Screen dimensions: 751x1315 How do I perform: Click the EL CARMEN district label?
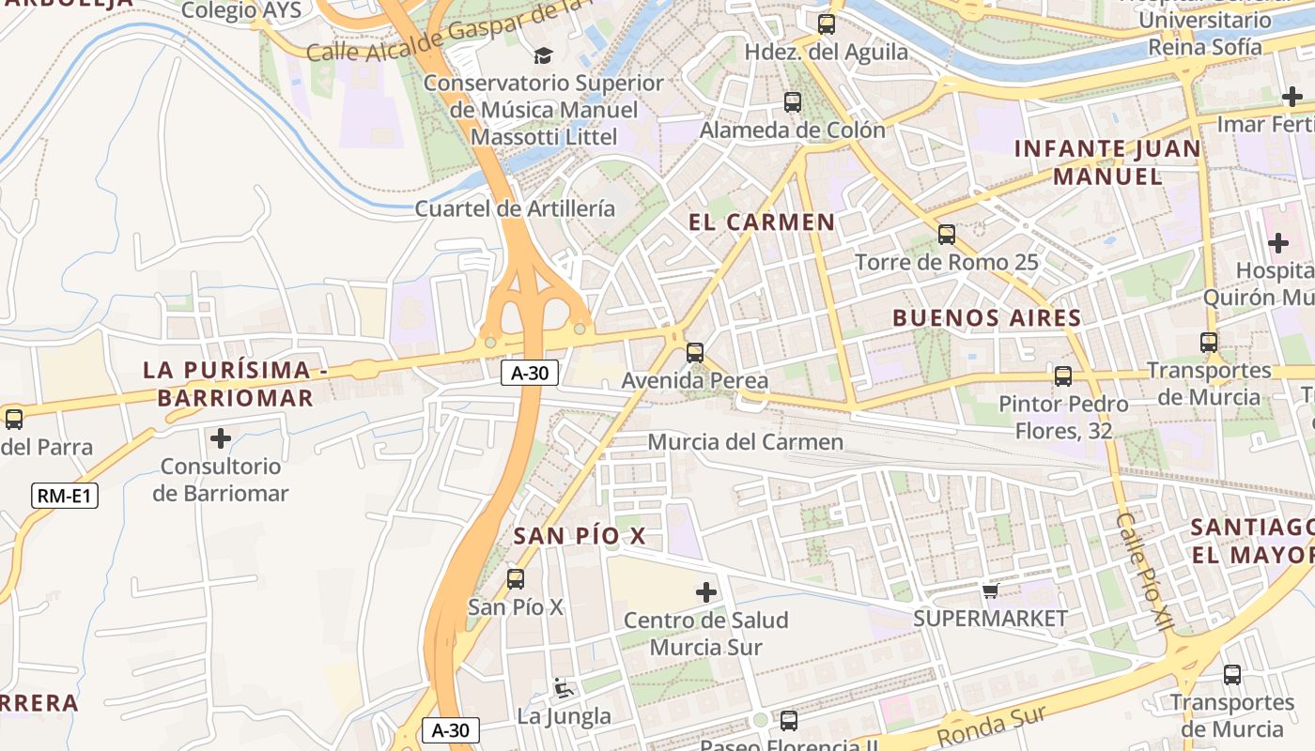click(x=761, y=222)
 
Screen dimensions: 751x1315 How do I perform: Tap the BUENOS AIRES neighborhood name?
click(x=986, y=318)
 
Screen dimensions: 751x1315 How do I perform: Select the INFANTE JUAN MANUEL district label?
click(x=1107, y=162)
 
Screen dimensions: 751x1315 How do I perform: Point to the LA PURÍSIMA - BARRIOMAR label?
click(x=235, y=384)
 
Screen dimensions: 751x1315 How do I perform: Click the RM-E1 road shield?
click(x=65, y=496)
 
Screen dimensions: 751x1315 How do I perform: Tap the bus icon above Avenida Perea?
click(x=694, y=353)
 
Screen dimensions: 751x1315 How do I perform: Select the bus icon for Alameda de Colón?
click(x=793, y=101)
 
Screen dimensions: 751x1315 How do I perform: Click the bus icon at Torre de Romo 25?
click(x=947, y=235)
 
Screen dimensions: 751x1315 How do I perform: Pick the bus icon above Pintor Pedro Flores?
click(x=1063, y=376)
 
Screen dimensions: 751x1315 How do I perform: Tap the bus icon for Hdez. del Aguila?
click(x=827, y=24)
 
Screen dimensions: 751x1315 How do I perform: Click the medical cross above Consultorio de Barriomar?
click(x=221, y=438)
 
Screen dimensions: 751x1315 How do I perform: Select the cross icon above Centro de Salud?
click(x=706, y=592)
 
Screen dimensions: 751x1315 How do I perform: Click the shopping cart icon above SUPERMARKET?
click(x=990, y=590)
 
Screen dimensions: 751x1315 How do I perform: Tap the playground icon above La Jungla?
click(x=564, y=688)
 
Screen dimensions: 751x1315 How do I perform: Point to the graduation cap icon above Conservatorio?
click(x=543, y=55)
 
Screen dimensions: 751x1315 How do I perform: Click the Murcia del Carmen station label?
click(x=746, y=441)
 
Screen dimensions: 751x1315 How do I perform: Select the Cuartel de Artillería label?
click(x=515, y=208)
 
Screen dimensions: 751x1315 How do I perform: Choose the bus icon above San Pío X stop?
click(x=516, y=579)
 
